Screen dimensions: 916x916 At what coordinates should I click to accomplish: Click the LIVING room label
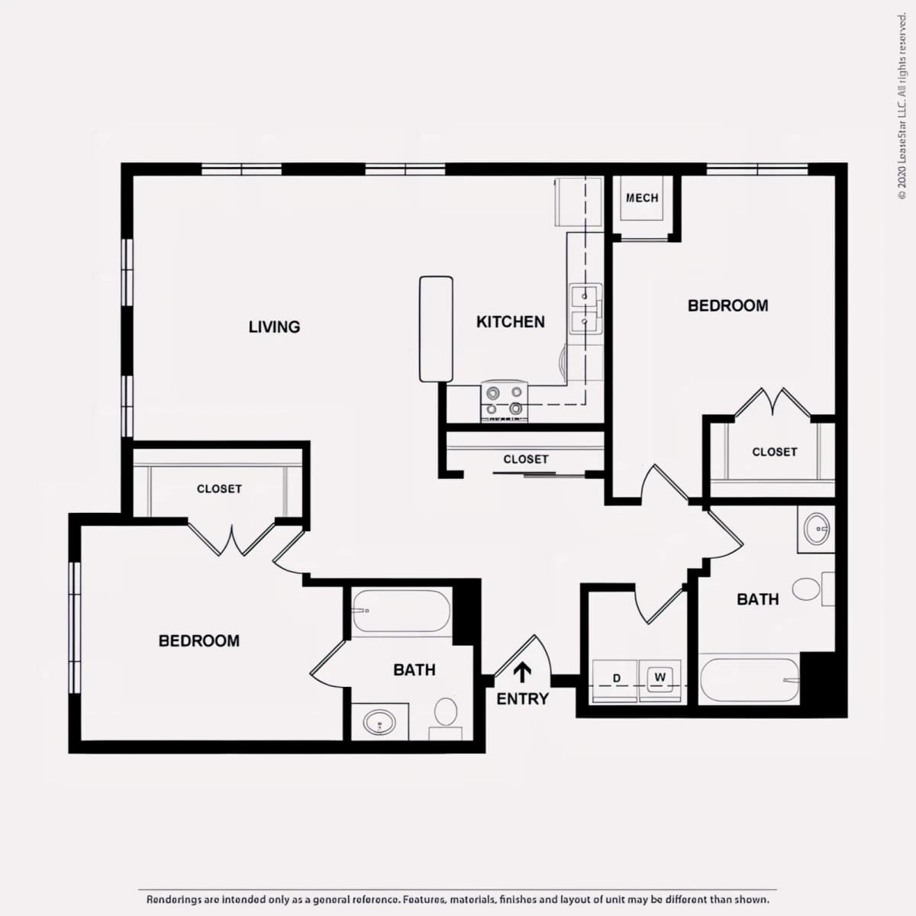pos(274,327)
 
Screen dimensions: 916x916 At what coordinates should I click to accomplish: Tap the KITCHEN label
pos(511,322)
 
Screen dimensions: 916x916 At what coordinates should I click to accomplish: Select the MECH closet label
pos(642,198)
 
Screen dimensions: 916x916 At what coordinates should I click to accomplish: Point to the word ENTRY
pos(522,698)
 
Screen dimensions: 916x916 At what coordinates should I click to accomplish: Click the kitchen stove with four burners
pos(505,401)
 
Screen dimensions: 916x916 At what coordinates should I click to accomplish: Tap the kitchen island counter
pos(436,329)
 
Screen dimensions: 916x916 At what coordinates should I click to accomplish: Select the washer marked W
pos(660,681)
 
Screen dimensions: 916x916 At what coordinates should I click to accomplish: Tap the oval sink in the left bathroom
pos(379,723)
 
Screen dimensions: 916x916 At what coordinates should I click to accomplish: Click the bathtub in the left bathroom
pos(402,611)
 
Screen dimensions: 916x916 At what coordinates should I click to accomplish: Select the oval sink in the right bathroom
pos(817,528)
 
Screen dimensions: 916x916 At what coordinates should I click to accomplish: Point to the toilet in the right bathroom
pos(813,589)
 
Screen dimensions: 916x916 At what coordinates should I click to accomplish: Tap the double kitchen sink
pos(585,309)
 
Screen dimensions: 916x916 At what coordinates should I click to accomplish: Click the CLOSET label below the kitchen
pos(526,460)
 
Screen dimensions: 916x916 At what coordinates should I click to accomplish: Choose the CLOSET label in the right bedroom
pos(774,452)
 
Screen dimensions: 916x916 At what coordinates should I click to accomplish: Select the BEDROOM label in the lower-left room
pos(199,640)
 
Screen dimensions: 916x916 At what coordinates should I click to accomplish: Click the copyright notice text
pos(901,106)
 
